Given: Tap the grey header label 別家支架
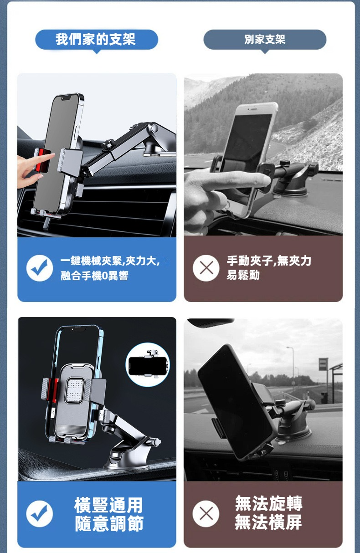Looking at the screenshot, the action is [x=265, y=40].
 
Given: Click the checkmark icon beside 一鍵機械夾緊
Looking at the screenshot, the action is [x=40, y=268].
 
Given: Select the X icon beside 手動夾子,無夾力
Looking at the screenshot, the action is [x=206, y=268].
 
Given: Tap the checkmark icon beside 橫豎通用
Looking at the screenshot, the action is [x=40, y=514].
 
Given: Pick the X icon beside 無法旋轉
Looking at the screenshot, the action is [x=206, y=514].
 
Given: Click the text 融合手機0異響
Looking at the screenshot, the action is [x=95, y=276].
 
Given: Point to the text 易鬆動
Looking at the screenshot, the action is [x=243, y=275].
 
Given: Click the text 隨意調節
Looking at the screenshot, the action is [x=109, y=523].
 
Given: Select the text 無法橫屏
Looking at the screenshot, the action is [x=268, y=522].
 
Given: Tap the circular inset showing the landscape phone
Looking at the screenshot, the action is [x=148, y=364].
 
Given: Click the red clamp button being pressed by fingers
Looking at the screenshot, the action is [x=42, y=160].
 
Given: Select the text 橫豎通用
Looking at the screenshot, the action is [x=108, y=505].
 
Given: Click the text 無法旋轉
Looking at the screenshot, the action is [x=269, y=503].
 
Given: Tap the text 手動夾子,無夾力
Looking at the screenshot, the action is [x=269, y=261].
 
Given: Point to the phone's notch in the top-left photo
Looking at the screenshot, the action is [x=67, y=98].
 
